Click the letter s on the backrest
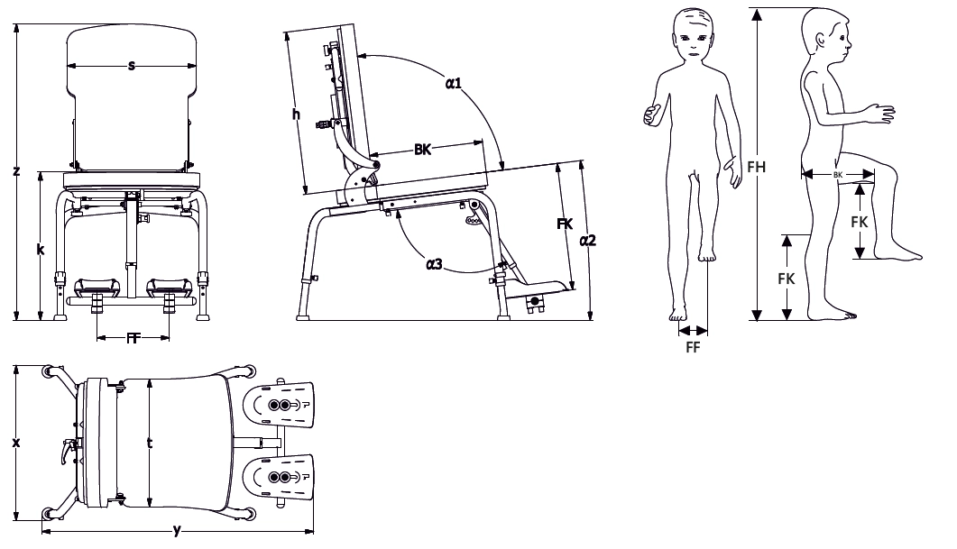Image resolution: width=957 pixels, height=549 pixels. point(131,65)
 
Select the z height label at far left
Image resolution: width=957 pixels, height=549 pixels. point(16,170)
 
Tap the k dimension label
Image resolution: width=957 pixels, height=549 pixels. point(41,249)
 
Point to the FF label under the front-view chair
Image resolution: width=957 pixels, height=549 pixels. point(133,339)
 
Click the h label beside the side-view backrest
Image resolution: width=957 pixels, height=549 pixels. point(296,114)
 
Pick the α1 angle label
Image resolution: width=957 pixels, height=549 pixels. point(454,83)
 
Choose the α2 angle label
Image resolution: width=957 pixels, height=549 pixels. point(587,241)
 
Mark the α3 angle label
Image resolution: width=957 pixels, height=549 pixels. point(434,264)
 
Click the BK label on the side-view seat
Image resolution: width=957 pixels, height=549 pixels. point(422,150)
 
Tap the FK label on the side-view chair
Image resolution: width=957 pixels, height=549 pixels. point(566,224)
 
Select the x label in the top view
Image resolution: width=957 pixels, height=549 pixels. point(16,443)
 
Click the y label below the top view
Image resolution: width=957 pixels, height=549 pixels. point(177,530)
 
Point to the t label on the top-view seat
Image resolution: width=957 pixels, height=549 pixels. point(150,443)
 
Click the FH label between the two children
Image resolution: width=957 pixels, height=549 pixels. point(756,167)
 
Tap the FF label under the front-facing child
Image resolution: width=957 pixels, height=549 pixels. point(693,347)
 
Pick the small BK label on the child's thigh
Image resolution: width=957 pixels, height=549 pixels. point(837,175)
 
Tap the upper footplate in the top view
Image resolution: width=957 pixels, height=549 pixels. point(279,405)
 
